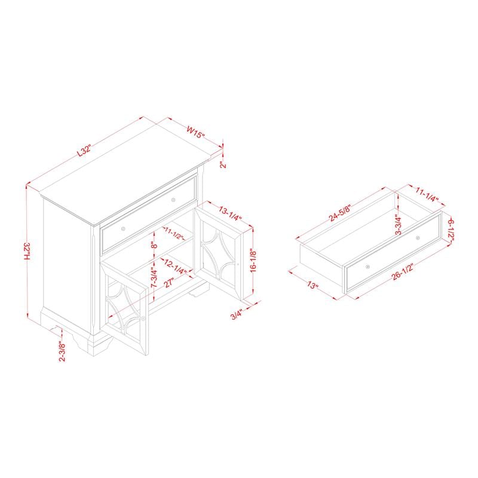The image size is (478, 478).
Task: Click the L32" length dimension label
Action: click(x=84, y=151)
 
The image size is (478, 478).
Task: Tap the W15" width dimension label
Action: click(x=195, y=132)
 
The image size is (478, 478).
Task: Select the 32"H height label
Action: click(x=27, y=252)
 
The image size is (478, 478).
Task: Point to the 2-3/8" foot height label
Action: click(x=62, y=351)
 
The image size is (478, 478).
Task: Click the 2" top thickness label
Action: click(x=223, y=165)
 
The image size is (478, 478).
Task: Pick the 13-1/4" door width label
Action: click(x=230, y=213)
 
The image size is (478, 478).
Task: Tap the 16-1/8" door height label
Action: click(x=253, y=260)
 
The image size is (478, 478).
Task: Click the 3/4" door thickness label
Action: click(x=237, y=314)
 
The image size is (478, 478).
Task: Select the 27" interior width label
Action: click(x=169, y=283)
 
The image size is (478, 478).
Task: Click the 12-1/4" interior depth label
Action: click(x=175, y=266)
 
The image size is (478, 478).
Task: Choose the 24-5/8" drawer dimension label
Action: click(x=340, y=213)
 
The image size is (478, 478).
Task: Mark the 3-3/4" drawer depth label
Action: click(x=399, y=224)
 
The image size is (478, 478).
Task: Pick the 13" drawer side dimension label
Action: click(x=312, y=286)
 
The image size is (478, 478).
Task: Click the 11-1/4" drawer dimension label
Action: click(x=427, y=194)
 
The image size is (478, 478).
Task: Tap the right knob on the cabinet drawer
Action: click(x=173, y=200)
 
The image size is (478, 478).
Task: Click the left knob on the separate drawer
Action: click(x=368, y=267)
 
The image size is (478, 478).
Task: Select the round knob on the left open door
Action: click(x=143, y=318)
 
